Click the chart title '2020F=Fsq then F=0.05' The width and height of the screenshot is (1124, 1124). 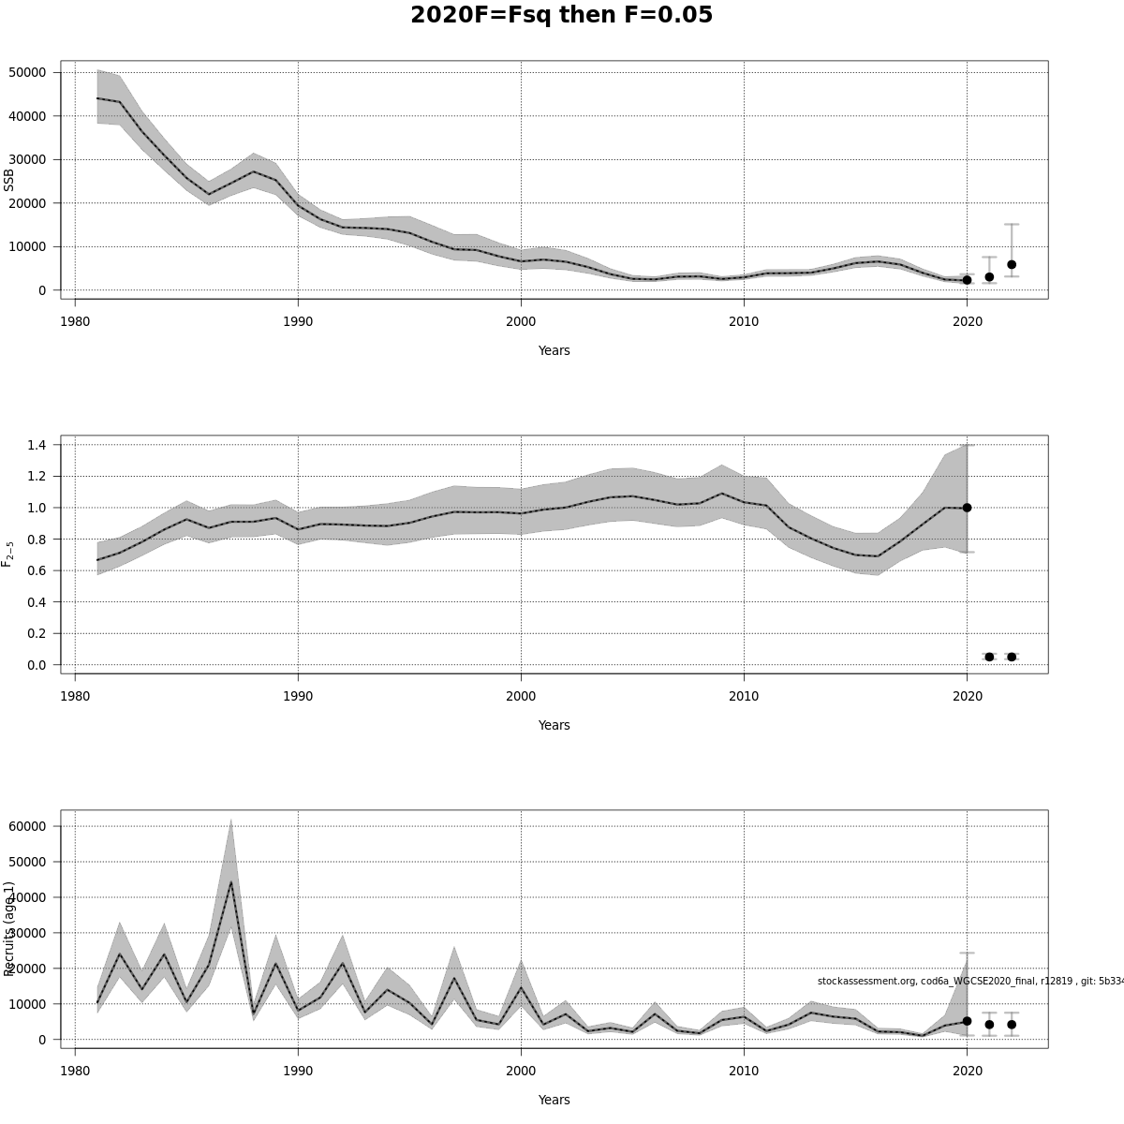coord(561,16)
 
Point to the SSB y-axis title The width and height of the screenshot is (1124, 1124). coord(9,180)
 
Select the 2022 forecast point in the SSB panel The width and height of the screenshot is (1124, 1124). coord(1012,265)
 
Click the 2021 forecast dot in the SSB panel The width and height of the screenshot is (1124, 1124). coord(989,277)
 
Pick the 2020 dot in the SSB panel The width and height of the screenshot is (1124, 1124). coord(967,280)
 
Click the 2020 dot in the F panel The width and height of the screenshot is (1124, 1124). coord(967,508)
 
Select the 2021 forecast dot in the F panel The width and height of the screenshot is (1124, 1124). coord(989,657)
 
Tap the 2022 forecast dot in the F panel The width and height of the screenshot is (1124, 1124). coord(1012,657)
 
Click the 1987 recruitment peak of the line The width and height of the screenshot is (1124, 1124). coord(231,881)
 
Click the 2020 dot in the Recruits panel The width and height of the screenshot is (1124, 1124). coord(967,1021)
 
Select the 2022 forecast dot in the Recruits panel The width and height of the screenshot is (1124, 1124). coord(1012,1025)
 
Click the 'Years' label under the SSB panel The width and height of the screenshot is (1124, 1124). coord(554,350)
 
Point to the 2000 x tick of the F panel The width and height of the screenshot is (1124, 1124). coord(521,696)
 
